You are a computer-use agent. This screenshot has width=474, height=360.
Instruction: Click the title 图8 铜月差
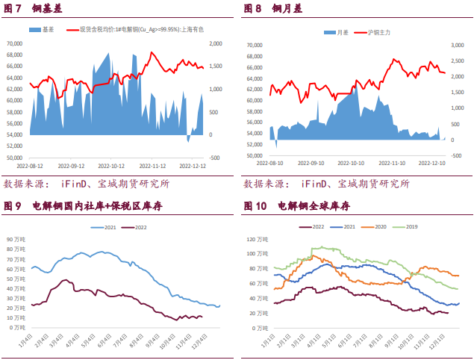[273, 10]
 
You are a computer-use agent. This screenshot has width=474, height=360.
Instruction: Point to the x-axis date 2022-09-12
[72, 166]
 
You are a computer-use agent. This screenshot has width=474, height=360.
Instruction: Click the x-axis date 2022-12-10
[432, 161]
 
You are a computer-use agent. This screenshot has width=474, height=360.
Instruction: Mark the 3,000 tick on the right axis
[457, 45]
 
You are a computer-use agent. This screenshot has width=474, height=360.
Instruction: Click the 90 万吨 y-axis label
[17, 240]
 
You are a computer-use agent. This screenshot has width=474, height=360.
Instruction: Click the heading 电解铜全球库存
[314, 205]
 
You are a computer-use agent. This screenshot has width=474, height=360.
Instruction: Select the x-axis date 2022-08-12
[31, 166]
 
